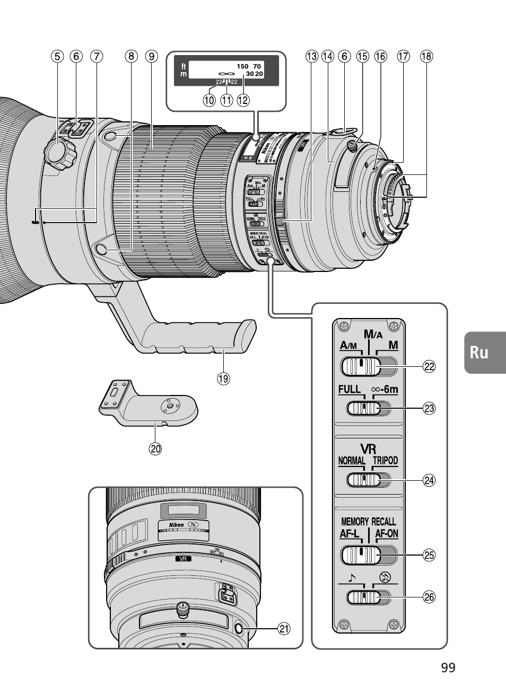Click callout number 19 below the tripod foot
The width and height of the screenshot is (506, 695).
click(x=223, y=379)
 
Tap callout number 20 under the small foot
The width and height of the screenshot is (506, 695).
click(x=155, y=448)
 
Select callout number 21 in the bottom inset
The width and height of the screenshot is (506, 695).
click(x=284, y=629)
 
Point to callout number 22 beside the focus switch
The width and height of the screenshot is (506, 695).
click(x=428, y=366)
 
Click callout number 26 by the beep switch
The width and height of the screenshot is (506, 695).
click(x=428, y=597)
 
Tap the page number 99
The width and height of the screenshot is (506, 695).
click(x=448, y=667)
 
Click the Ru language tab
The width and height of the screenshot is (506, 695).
click(x=479, y=353)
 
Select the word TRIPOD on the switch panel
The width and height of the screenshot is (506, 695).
click(x=385, y=460)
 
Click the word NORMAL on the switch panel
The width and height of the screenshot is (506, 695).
click(x=352, y=460)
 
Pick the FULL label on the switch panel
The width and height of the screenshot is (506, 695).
click(x=350, y=390)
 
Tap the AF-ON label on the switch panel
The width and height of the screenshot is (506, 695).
click(x=386, y=534)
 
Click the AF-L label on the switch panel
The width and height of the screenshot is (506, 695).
click(x=350, y=534)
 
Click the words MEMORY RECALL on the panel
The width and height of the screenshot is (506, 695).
click(x=368, y=522)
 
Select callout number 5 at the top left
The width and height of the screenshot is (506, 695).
click(x=57, y=56)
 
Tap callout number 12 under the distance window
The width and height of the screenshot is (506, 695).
click(x=243, y=100)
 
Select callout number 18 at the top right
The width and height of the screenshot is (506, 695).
click(x=426, y=56)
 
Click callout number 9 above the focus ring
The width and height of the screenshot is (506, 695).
click(x=152, y=56)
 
